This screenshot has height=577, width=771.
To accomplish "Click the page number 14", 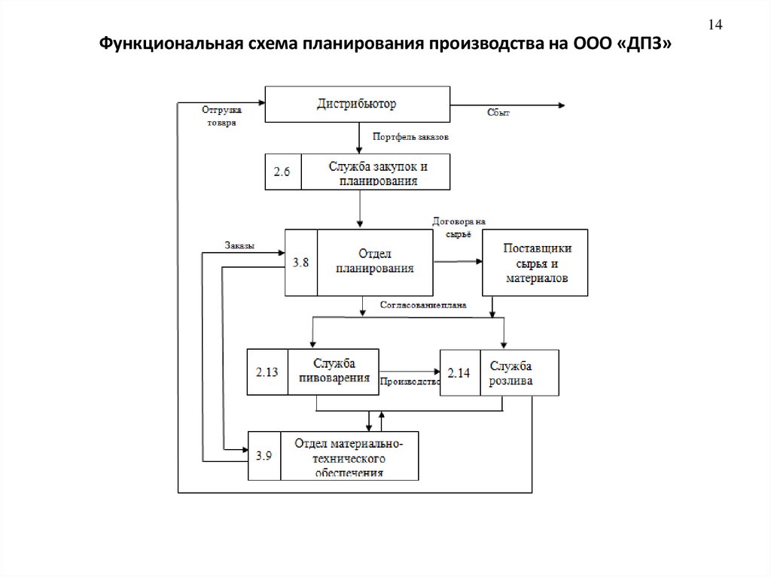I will [x=715, y=26].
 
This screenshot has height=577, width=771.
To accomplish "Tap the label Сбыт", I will [x=498, y=113].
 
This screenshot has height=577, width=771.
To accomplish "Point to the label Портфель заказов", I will [x=411, y=138].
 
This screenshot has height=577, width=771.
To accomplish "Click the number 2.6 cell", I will [x=283, y=172].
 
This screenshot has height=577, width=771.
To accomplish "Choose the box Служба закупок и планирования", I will [x=375, y=172].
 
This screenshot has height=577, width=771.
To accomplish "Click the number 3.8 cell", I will [x=300, y=262].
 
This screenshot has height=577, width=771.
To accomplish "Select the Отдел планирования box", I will [x=374, y=262].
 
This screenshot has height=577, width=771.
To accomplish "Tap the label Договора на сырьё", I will [x=459, y=227].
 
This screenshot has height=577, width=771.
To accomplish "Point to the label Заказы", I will [x=239, y=245].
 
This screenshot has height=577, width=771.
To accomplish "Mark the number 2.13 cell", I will [x=268, y=372].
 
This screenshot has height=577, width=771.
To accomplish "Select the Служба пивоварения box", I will [x=333, y=372].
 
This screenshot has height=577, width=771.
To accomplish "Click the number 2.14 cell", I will [x=459, y=373].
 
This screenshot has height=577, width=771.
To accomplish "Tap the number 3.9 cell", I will [x=264, y=455].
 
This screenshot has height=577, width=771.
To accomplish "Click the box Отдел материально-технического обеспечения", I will [x=349, y=456].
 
